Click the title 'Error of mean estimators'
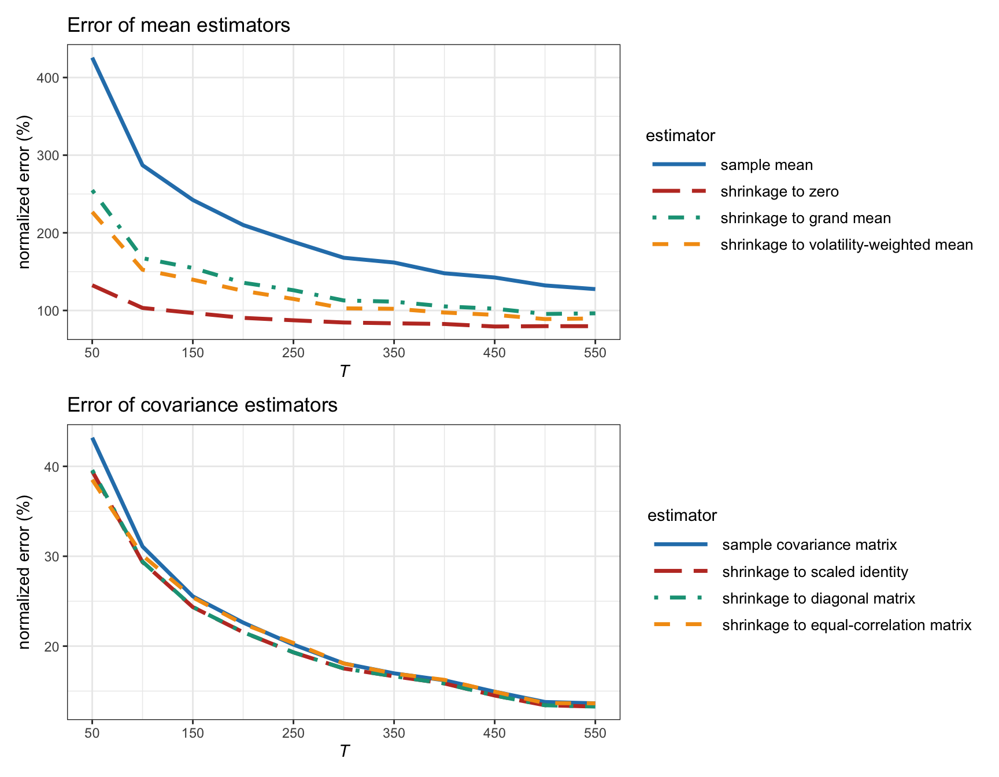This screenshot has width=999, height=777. [x=179, y=25]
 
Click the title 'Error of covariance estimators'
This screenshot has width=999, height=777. [x=202, y=405]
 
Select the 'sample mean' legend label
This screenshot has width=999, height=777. [x=766, y=165]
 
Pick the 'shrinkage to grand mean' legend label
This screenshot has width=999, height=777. [x=805, y=219]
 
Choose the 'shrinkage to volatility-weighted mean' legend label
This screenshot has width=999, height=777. [x=846, y=245]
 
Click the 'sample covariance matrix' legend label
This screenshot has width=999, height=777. [x=809, y=545]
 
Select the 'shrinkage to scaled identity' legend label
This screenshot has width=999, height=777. [x=815, y=572]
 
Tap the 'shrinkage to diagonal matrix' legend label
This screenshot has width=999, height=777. [x=819, y=599]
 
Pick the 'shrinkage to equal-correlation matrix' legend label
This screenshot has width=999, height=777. [x=846, y=626]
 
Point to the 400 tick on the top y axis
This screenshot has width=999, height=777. [x=52, y=78]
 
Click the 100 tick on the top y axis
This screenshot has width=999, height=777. [x=52, y=311]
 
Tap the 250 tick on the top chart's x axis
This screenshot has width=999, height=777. [x=293, y=353]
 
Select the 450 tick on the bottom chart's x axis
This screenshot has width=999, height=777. [x=494, y=734]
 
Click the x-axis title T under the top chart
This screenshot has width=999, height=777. [x=344, y=371]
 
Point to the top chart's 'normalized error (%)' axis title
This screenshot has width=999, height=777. [x=24, y=192]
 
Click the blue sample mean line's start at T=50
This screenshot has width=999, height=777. [x=92, y=58]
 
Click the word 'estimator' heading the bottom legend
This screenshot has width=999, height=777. [x=682, y=516]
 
